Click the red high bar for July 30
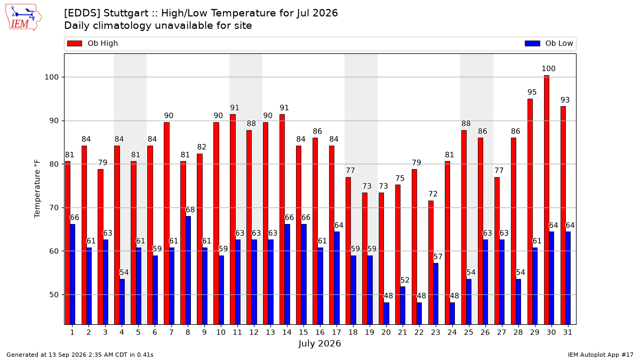pyautogui.click(x=546, y=199)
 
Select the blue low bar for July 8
pyautogui.click(x=188, y=270)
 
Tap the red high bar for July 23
pyautogui.click(x=430, y=262)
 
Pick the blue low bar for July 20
pyautogui.click(x=386, y=314)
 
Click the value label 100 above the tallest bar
pyautogui.click(x=548, y=69)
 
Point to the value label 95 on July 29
pyautogui.click(x=532, y=92)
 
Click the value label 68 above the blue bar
pyautogui.click(x=190, y=210)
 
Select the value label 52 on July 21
pyautogui.click(x=405, y=280)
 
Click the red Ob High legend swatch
pyautogui.click(x=75, y=43)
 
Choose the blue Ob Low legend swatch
pyautogui.click(x=532, y=43)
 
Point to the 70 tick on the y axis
pyautogui.click(x=54, y=207)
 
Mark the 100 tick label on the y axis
pyautogui.click(x=51, y=77)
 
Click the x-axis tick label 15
pyautogui.click(x=303, y=332)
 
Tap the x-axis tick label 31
pyautogui.click(x=567, y=332)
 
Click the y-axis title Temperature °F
pyautogui.click(x=37, y=189)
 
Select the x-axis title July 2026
pyautogui.click(x=319, y=343)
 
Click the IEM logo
pyautogui.click(x=23, y=18)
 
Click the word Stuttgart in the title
pyautogui.click(x=126, y=13)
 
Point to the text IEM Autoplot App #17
pyautogui.click(x=601, y=355)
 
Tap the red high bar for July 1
pyautogui.click(x=67, y=243)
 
